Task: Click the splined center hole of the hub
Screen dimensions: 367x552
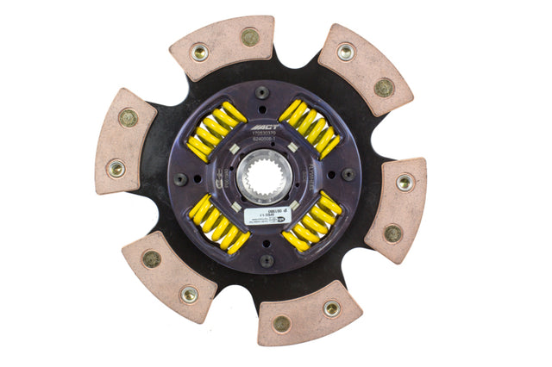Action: (x=263, y=176)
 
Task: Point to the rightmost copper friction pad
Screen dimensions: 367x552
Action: (x=398, y=207)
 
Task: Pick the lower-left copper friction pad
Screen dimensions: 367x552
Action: (x=167, y=274)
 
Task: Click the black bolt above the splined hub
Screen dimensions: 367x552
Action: (x=261, y=92)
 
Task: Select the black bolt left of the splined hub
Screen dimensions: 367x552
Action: (x=180, y=179)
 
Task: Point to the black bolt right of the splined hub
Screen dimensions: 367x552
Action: (x=348, y=174)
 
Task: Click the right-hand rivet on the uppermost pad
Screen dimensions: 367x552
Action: (x=249, y=37)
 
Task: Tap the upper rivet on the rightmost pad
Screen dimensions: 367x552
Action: (x=405, y=182)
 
